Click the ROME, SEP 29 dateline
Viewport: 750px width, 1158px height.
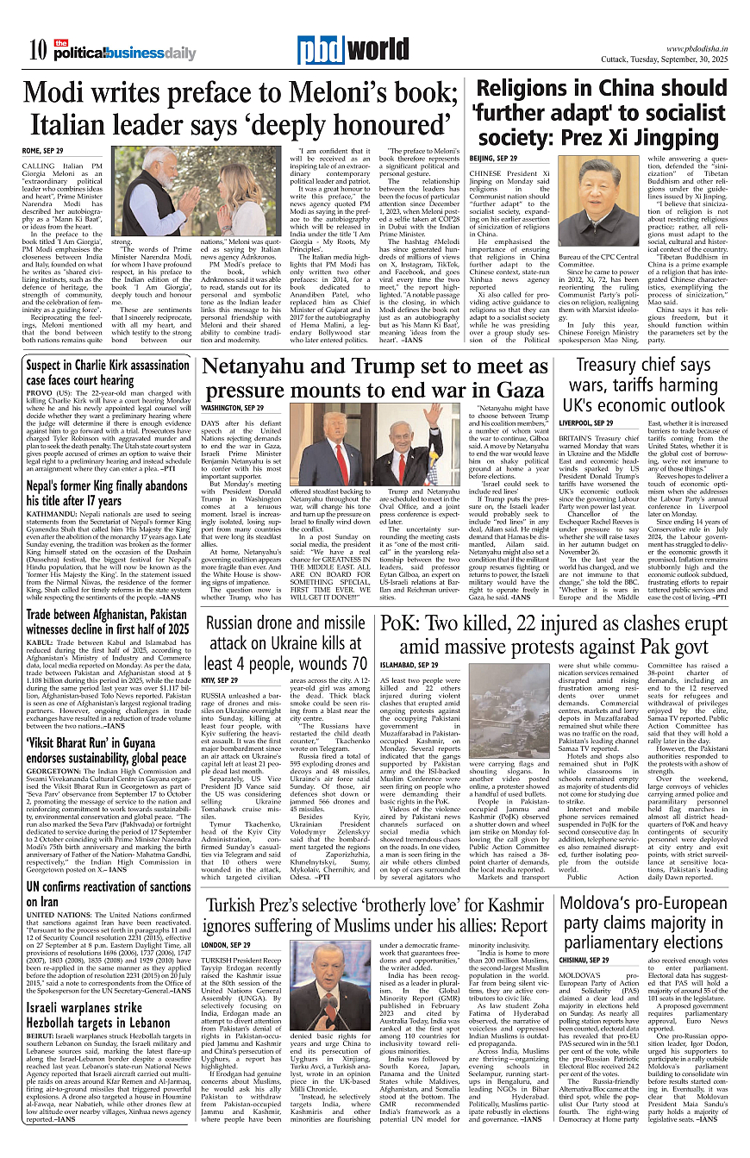click(43, 151)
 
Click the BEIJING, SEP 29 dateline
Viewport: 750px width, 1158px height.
click(492, 159)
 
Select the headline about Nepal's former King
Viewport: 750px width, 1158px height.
click(107, 492)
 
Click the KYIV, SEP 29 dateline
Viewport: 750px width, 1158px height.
click(220, 680)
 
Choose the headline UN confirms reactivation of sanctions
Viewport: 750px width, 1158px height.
click(109, 894)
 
